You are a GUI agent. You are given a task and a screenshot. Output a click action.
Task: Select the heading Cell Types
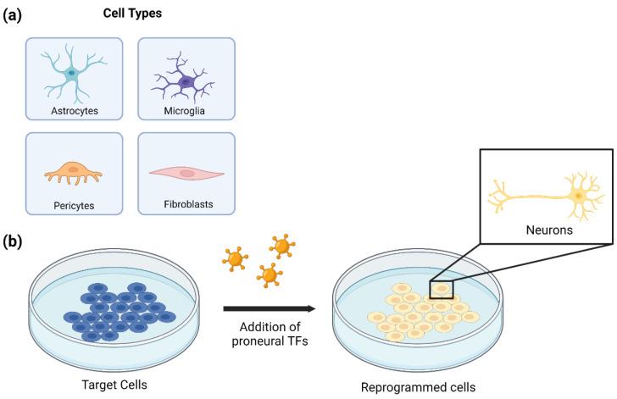131,14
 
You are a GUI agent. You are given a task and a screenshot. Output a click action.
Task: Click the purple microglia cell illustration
185,81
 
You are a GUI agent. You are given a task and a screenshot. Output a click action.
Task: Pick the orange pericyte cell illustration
72,172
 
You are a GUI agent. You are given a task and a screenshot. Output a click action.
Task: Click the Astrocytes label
72,110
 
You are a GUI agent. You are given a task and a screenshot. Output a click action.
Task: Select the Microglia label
186,110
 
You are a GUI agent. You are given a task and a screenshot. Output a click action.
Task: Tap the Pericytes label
72,204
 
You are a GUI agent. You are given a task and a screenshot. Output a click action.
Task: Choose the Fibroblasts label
186,204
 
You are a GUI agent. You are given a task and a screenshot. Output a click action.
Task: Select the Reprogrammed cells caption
417,386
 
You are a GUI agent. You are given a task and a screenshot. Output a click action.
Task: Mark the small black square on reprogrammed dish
441,290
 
